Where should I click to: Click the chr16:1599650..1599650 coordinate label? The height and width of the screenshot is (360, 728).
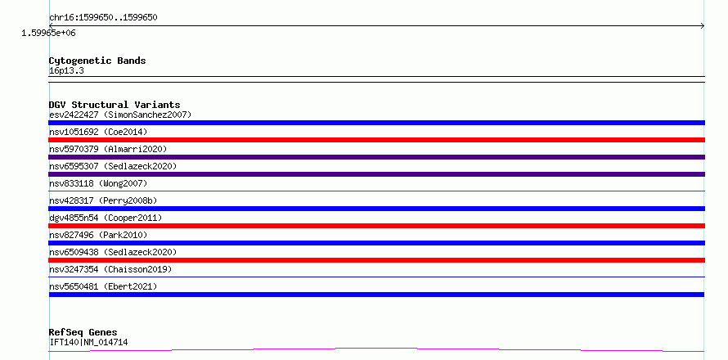coord(103,18)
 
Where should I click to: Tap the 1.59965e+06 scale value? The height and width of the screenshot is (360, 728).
coord(48,34)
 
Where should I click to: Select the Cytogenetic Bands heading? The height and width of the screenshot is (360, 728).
coord(97,61)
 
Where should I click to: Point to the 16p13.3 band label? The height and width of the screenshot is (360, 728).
coord(66,71)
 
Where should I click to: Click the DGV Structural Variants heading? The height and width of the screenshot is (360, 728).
coord(115,105)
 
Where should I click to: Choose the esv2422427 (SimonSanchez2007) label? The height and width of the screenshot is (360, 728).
coord(120,115)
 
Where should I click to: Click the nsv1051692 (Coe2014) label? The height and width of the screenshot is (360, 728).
coord(98,132)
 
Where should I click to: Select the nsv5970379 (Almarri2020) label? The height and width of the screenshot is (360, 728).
coord(108,149)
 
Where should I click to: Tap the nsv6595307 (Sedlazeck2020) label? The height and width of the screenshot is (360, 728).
coord(113,166)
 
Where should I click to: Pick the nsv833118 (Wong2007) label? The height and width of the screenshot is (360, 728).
coord(98,183)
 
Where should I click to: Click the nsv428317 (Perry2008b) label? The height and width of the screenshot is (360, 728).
coord(103,200)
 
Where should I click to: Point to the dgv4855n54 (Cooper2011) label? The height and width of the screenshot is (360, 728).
coord(106,218)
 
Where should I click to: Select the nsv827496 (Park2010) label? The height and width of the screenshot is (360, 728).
coord(98,235)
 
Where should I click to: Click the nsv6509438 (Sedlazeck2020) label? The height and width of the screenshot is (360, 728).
coord(113,252)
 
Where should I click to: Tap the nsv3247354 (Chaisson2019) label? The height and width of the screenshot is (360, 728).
coord(110,269)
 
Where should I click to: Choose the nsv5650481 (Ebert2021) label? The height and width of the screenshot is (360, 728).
coord(103,286)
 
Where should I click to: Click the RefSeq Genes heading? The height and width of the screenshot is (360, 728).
coord(83,333)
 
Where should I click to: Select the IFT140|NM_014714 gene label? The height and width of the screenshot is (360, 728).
coord(88,343)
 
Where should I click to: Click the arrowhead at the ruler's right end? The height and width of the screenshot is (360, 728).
coord(703,26)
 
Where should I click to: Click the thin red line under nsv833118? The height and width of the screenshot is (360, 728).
coord(376,191)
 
